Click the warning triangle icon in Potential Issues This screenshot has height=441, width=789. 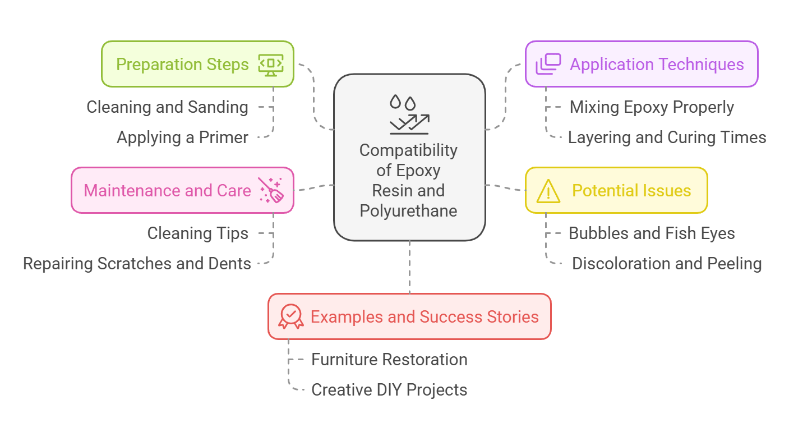click(548, 191)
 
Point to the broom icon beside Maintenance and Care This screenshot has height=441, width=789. click(271, 190)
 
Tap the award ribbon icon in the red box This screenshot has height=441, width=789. click(291, 316)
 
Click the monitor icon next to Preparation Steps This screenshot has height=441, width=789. click(271, 64)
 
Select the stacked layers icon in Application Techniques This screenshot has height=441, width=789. click(548, 64)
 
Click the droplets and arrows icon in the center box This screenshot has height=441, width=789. click(409, 115)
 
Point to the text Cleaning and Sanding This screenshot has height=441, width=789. click(167, 107)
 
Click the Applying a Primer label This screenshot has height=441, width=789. click(182, 137)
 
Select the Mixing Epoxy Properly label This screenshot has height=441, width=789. click(652, 107)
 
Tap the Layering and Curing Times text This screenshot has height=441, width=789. click(667, 137)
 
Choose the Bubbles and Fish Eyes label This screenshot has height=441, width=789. click(652, 233)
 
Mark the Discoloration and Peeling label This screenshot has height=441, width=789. click(667, 264)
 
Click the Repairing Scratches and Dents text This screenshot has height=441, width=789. click(137, 264)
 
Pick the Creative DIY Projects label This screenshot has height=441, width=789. click(389, 390)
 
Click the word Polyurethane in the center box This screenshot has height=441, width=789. click(408, 211)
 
